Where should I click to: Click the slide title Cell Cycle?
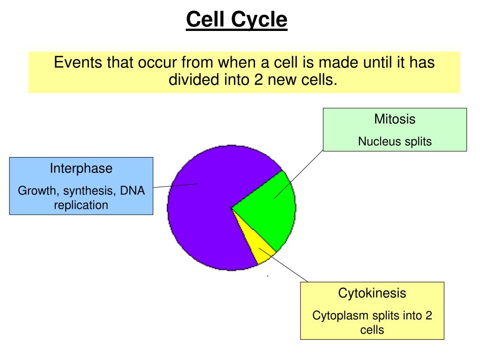pyautogui.click(x=236, y=20)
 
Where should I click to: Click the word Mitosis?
pyautogui.click(x=394, y=119)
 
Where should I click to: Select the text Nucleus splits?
pyautogui.click(x=395, y=142)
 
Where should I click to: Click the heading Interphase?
pyautogui.click(x=81, y=169)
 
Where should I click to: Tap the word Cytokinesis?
pyautogui.click(x=372, y=294)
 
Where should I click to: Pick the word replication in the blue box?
pyautogui.click(x=81, y=205)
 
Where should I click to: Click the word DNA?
pyautogui.click(x=133, y=191)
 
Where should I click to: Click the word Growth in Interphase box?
pyautogui.click(x=37, y=191)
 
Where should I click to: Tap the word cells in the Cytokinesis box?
pyautogui.click(x=372, y=330)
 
